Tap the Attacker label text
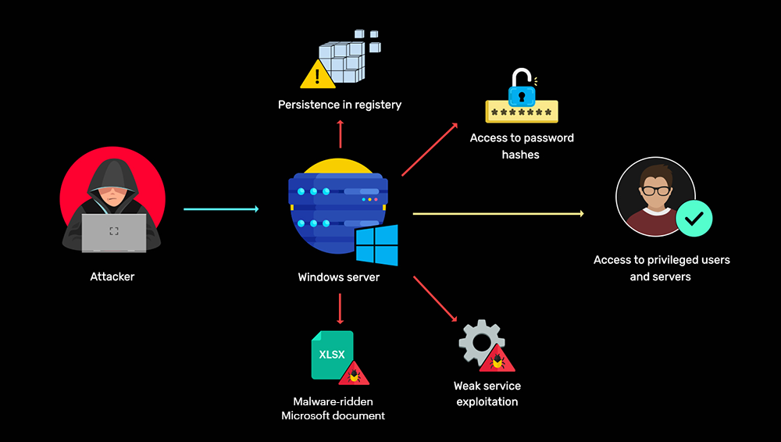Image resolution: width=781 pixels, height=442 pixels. click(x=112, y=276)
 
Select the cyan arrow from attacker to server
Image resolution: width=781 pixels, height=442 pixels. click(x=221, y=209)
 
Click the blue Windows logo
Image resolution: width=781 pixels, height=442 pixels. click(x=376, y=244)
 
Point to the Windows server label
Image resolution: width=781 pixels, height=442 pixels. click(x=339, y=277)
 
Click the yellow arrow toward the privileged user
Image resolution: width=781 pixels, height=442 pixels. click(x=497, y=212)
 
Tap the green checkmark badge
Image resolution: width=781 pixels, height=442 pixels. click(x=693, y=220)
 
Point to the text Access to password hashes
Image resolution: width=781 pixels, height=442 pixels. click(x=522, y=146)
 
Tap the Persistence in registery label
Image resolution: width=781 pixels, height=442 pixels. click(x=340, y=105)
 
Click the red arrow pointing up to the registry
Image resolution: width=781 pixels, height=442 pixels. click(x=341, y=134)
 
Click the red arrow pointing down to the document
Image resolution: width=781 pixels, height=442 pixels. click(x=341, y=308)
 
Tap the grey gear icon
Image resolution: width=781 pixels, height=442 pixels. click(x=479, y=340)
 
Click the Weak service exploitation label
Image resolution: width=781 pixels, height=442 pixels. click(x=487, y=394)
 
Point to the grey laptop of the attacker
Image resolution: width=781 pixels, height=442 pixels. click(x=114, y=232)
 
